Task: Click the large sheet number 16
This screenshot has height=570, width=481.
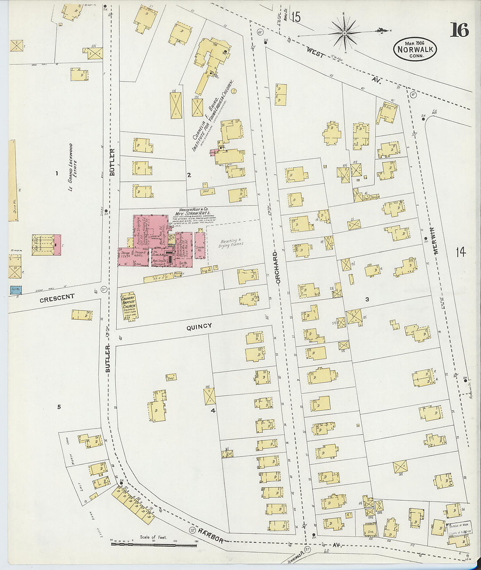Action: pyautogui.click(x=459, y=30)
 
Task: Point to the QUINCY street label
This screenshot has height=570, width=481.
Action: pyautogui.click(x=199, y=326)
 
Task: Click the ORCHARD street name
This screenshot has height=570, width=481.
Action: pyautogui.click(x=276, y=268)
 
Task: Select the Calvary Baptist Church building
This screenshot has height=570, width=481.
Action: pyautogui.click(x=129, y=306)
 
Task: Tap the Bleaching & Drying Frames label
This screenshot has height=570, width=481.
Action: pyautogui.click(x=230, y=243)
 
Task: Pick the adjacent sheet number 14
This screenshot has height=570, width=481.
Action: pyautogui.click(x=460, y=252)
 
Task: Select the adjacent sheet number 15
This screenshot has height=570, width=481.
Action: pyautogui.click(x=296, y=17)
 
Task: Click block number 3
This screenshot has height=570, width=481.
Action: pyautogui.click(x=367, y=299)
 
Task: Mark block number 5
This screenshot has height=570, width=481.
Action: pyautogui.click(x=59, y=407)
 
